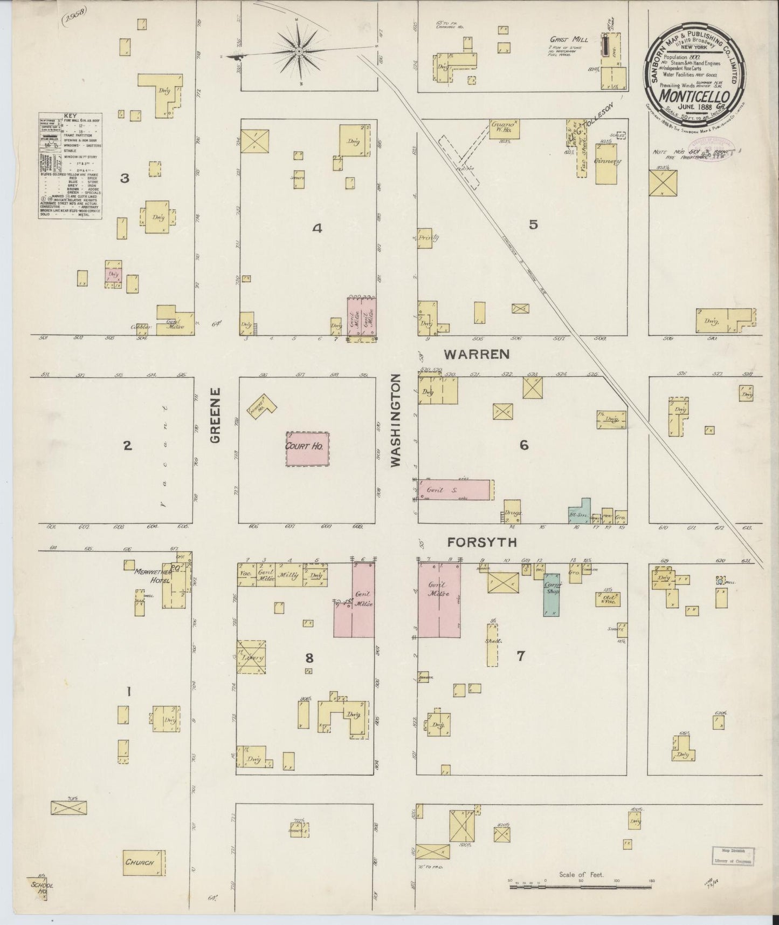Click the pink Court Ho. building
[307, 448]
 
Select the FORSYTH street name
[474, 542]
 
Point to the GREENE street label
[215, 415]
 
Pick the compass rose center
[299, 51]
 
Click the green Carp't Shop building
[551, 595]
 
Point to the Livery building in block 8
[251, 657]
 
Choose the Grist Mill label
[568, 39]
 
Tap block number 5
[533, 225]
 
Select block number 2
[127, 446]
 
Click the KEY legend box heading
[70, 116]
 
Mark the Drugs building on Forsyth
[512, 511]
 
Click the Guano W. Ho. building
[504, 129]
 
